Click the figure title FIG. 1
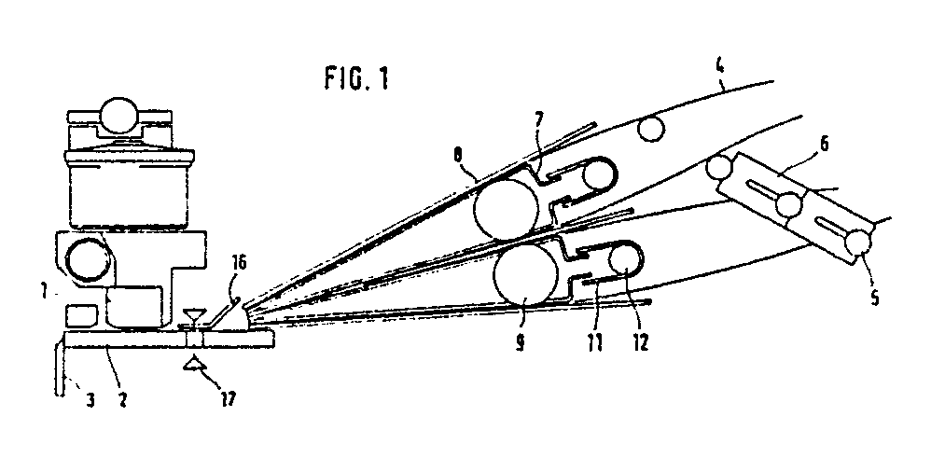357,77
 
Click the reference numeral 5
874,297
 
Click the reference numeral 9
520,342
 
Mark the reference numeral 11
594,342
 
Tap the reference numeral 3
90,400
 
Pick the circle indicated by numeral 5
858,243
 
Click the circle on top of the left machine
118,116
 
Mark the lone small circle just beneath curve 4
651,129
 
